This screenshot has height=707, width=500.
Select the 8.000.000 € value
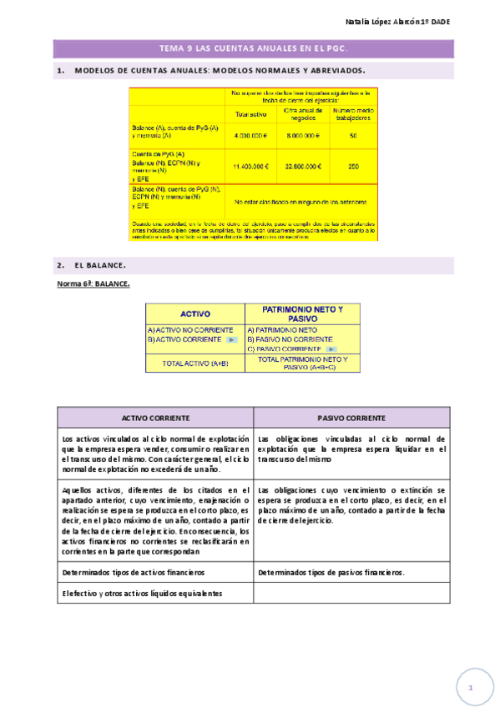pos(302,135)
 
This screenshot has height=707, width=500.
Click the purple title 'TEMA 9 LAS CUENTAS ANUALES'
pos(253,48)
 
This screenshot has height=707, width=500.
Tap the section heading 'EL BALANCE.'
pos(100,265)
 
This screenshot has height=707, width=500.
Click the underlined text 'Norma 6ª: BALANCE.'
pos(93,284)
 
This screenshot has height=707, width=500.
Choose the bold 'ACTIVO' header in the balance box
pos(194,313)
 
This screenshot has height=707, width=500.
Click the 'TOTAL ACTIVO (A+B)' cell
pos(194,363)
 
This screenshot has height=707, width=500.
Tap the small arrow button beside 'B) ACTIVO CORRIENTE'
pos(232,339)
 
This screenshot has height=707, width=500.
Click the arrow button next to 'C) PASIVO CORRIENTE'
pos(331,348)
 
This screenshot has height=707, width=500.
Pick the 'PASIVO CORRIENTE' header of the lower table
pos(351,418)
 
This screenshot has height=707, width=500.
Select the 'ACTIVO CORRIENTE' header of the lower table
pos(155,418)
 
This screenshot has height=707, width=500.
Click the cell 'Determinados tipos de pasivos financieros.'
pos(331,573)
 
